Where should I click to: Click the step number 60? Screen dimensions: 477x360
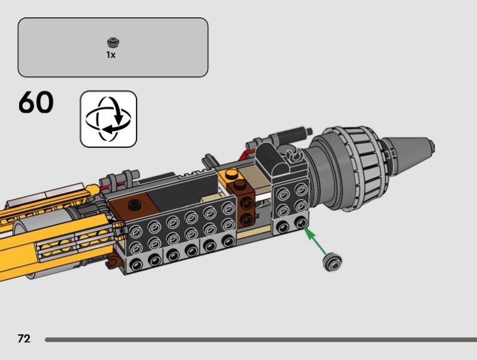(x=36, y=102)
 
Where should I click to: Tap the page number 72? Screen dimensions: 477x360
(x=24, y=339)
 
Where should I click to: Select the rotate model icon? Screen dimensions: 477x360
(x=109, y=119)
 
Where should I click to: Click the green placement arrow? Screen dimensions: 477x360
(x=315, y=241)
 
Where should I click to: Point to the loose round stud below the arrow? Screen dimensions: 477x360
(x=332, y=262)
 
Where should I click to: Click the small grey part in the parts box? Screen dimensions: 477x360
(x=113, y=42)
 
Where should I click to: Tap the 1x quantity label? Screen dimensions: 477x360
(x=111, y=55)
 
